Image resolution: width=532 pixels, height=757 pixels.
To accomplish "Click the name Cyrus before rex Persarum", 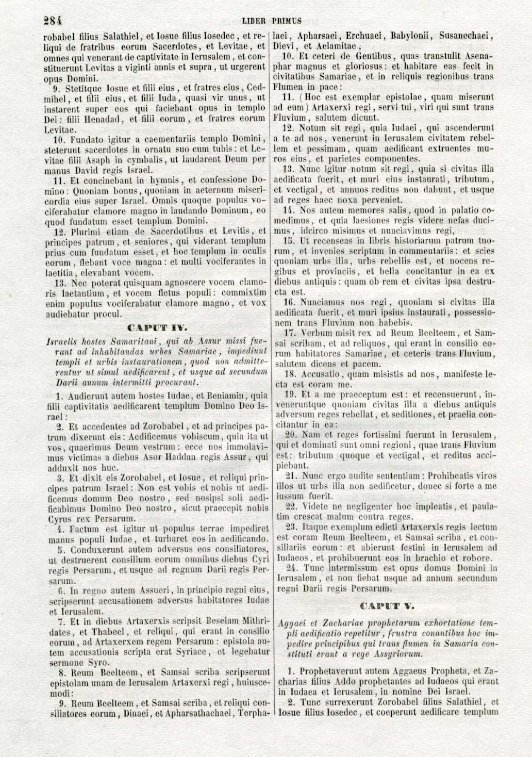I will click(x=56, y=518).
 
